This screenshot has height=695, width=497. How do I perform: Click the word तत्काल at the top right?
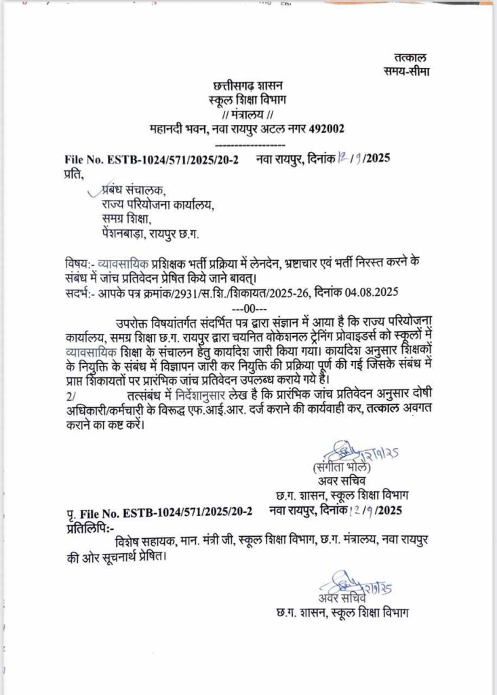[410, 58]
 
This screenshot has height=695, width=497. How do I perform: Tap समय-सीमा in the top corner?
[405, 71]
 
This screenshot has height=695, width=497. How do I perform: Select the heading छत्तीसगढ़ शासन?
[248, 86]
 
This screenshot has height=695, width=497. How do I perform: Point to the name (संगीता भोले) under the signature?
[342, 468]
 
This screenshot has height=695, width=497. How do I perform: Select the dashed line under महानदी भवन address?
[248, 145]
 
